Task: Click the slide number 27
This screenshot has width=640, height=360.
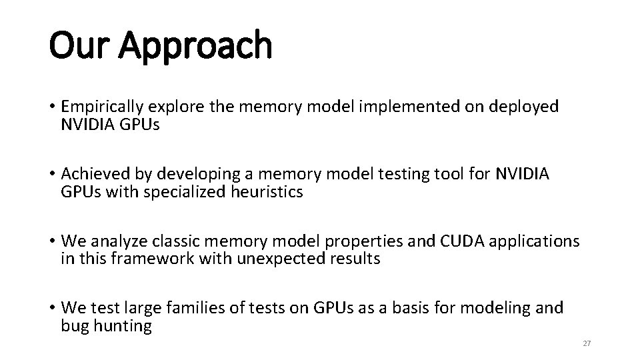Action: click(x=587, y=343)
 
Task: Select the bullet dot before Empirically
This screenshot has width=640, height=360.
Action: click(x=52, y=107)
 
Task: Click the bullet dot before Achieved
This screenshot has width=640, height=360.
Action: click(x=52, y=175)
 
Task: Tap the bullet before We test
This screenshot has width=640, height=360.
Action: click(x=52, y=309)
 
